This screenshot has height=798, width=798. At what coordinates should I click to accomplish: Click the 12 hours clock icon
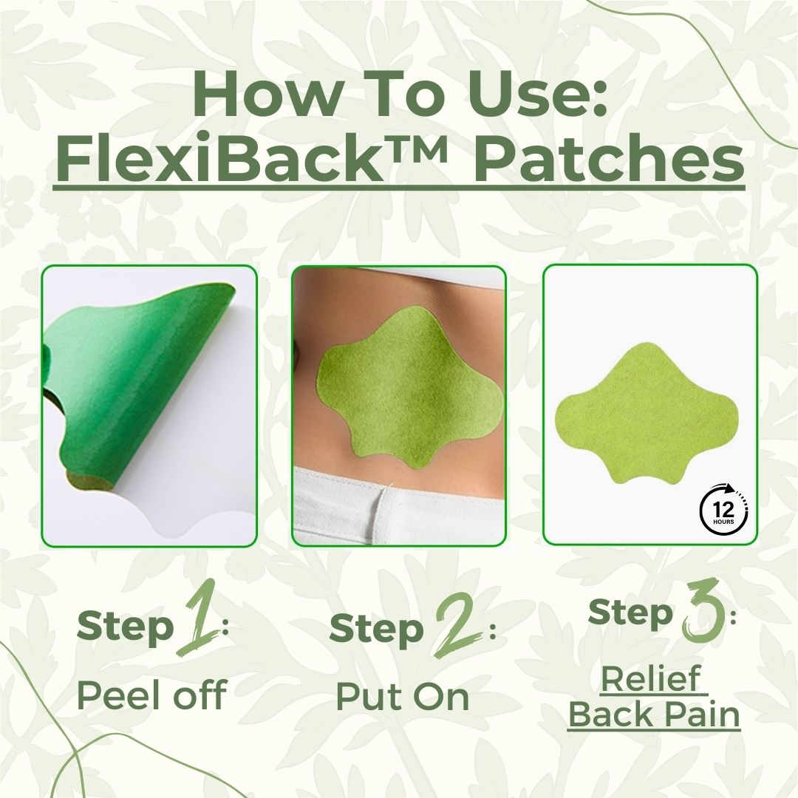point(723,509)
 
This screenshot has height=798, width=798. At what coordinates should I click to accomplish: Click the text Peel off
point(151,695)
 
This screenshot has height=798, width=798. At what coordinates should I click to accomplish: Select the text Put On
point(402,695)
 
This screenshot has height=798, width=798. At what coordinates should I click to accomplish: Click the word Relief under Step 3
point(650,681)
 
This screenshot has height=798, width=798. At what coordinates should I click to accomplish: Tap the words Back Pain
point(654,715)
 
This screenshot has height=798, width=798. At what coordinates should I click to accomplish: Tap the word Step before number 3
point(630,613)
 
